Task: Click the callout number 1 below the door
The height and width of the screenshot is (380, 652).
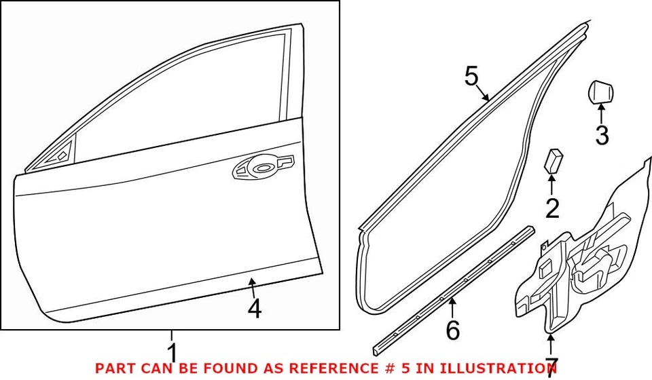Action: point(173,354)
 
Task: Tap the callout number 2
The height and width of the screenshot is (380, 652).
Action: point(553,208)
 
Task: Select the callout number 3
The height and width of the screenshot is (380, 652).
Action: point(602,135)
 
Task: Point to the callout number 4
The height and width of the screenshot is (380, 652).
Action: point(254,309)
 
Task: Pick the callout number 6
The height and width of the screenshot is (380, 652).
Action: point(452,330)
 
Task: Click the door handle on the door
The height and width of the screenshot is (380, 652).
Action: point(263,166)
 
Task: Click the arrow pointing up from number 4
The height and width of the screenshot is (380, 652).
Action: point(253,288)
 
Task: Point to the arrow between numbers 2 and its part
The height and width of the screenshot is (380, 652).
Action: point(551,185)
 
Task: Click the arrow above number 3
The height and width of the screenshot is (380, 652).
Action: point(601,112)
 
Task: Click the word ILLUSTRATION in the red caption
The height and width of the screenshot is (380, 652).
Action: point(507,368)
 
